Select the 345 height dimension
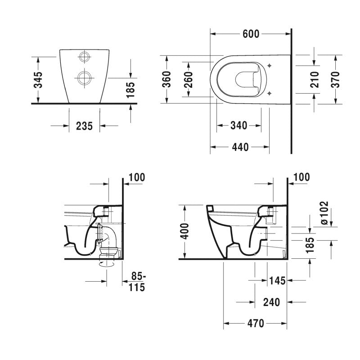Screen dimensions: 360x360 click(x=38, y=80)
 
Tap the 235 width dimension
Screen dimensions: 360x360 click(x=84, y=126)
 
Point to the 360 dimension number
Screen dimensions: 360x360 click(x=166, y=80)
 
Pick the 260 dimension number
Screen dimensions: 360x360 click(x=189, y=80)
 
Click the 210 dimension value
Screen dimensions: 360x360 click(x=315, y=80)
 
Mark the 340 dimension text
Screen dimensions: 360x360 click(x=238, y=126)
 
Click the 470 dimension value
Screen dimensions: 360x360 click(x=254, y=324)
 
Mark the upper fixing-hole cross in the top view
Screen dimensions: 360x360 click(x=269, y=66)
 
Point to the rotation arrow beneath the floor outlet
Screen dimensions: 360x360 click(x=106, y=265)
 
